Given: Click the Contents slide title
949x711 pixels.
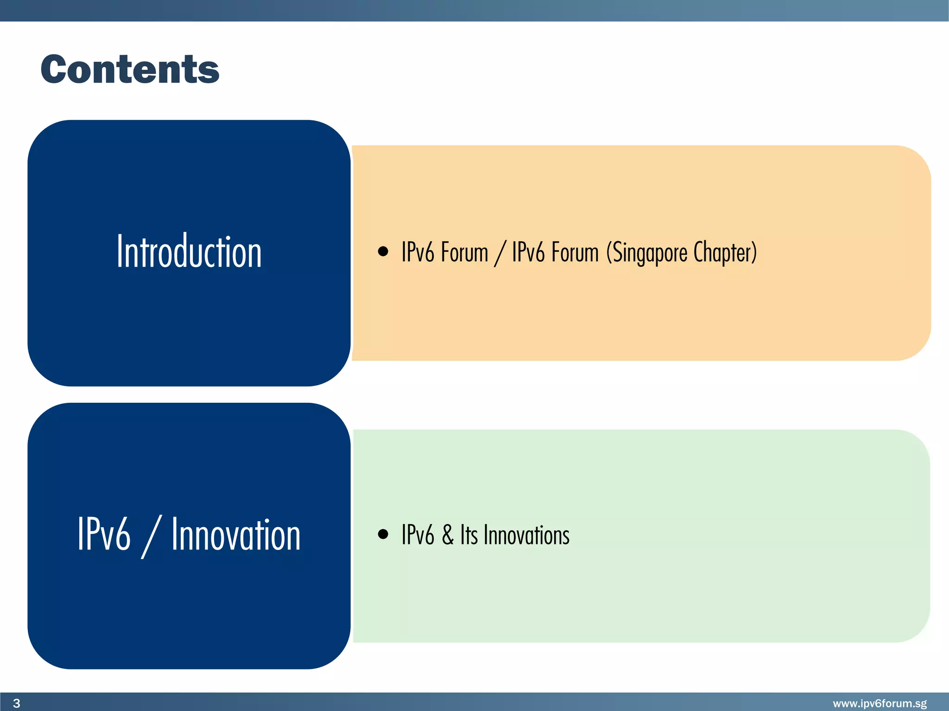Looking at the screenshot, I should click(x=130, y=69).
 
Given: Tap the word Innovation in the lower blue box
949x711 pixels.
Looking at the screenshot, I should click(x=236, y=535).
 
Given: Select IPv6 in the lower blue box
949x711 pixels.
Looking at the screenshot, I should click(x=104, y=535).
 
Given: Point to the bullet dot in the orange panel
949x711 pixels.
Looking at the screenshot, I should click(x=383, y=251).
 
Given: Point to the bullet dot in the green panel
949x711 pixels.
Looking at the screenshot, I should click(x=383, y=534).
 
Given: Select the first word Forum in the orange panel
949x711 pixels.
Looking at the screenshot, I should click(x=464, y=253).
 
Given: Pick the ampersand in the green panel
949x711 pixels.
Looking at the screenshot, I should click(x=447, y=535).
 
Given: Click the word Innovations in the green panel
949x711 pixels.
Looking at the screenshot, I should click(x=526, y=535).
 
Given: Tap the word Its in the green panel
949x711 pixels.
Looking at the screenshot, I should click(x=468, y=535).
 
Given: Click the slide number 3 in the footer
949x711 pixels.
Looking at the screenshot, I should click(x=17, y=704).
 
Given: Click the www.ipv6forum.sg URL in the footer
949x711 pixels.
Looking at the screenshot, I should click(x=879, y=704).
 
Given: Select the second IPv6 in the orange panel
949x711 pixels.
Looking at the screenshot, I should click(x=528, y=253).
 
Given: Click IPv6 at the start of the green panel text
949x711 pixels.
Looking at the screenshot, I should click(x=418, y=535).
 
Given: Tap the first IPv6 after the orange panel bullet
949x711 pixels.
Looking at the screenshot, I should click(x=418, y=253).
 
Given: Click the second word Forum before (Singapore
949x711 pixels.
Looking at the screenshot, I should click(x=575, y=253).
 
